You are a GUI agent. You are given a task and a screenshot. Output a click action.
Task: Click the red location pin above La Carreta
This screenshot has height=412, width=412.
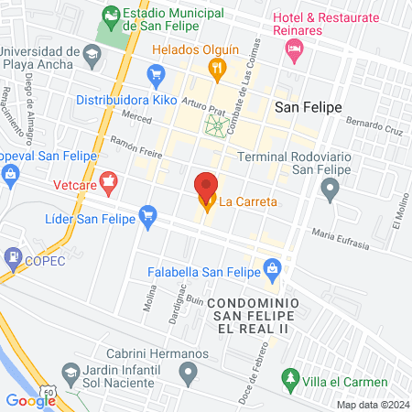(x=207, y=184)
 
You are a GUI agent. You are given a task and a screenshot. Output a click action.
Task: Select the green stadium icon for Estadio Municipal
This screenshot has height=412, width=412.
(x=111, y=16)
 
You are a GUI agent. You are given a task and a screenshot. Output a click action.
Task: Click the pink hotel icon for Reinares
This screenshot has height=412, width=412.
(x=294, y=53)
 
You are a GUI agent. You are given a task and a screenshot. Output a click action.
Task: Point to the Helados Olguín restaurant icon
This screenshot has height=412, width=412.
(x=217, y=66)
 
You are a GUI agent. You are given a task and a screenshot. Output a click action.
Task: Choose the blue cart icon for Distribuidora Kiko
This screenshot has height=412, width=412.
(x=156, y=73)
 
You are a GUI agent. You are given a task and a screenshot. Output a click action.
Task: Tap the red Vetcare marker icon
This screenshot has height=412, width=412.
(x=109, y=180)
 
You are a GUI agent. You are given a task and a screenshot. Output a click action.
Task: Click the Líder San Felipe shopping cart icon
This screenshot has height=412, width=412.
(x=147, y=216)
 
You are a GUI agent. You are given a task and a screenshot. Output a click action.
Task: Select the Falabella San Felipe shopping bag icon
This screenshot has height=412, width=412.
(x=271, y=267)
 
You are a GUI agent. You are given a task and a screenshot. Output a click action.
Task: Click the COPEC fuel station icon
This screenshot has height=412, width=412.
(x=13, y=256)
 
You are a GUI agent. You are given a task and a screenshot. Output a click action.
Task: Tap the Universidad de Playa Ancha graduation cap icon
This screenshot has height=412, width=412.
(x=92, y=57)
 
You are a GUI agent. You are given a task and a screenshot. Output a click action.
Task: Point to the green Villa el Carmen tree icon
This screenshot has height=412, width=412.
(x=290, y=376)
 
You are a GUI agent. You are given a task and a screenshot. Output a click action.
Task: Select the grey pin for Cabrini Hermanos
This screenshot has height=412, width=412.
(x=189, y=371)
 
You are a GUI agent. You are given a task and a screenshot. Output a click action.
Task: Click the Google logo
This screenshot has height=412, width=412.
(x=30, y=399)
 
